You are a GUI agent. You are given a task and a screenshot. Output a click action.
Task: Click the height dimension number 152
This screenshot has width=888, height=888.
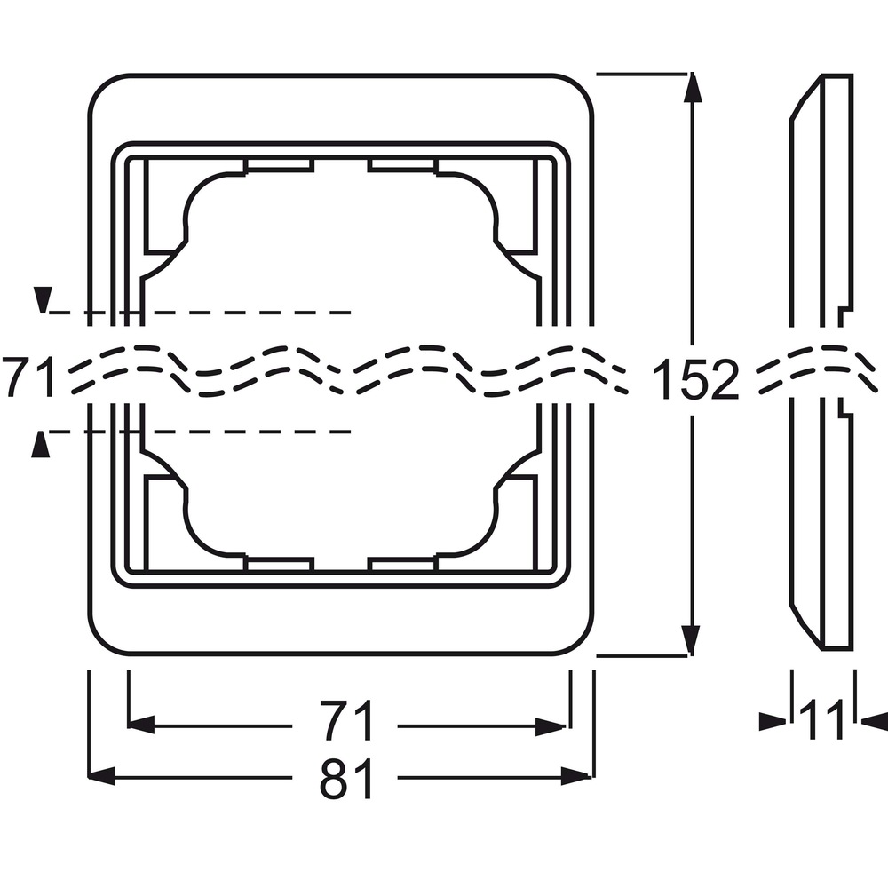click(696, 377)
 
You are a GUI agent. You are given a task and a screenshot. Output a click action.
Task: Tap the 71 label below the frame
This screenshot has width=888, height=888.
click(347, 720)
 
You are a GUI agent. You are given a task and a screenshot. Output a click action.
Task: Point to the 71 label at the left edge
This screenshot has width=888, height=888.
click(28, 376)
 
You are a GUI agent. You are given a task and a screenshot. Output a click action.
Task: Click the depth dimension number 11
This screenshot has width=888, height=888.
click(821, 720)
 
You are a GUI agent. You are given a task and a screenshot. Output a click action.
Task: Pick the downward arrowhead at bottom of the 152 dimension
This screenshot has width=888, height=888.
click(690, 640)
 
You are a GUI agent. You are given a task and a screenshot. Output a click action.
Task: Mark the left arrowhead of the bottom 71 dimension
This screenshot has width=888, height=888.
click(141, 725)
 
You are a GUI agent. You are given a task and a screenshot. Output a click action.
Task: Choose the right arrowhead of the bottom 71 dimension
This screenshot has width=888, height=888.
click(551, 726)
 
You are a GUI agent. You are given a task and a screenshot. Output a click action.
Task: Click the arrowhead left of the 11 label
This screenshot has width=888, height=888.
click(773, 721)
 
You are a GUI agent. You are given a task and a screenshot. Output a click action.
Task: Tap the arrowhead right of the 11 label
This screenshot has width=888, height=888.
click(875, 721)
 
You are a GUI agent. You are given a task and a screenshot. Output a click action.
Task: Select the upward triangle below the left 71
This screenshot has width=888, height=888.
click(40, 443)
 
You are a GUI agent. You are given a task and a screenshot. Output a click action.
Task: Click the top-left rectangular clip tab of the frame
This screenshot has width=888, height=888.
click(279, 165)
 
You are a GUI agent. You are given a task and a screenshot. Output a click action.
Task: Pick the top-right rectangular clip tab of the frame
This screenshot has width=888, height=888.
click(402, 165)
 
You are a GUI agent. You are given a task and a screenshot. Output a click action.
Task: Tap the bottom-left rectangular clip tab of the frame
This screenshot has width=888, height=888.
click(279, 564)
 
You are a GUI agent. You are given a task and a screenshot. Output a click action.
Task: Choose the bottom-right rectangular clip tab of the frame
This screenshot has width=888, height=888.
click(402, 564)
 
